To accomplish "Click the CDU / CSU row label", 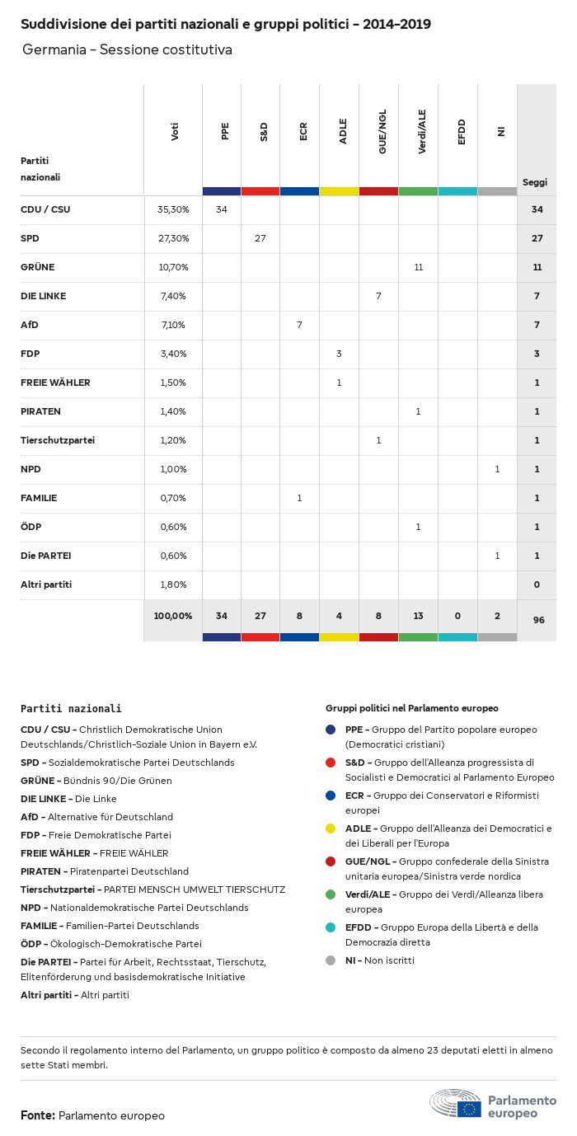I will point(45,209).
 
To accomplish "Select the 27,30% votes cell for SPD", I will point(173,238).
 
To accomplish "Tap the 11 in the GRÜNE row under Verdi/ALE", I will point(418,267).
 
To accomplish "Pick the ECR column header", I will point(303,132).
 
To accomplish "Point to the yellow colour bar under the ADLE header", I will point(339,191).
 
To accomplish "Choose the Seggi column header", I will point(535,182).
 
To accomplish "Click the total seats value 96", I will point(538,619).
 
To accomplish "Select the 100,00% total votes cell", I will point(173,616).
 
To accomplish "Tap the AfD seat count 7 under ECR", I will point(299,325).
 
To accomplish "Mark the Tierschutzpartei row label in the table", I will point(58,440).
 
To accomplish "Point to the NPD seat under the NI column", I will point(497,469).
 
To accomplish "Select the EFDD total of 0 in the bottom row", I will point(457,616).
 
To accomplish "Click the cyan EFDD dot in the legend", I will point(331,927).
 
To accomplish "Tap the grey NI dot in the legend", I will point(331,960).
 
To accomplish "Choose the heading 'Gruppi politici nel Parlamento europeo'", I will point(412,708).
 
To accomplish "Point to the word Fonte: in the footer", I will point(38,1115).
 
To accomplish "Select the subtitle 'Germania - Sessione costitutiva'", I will point(127,49).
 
